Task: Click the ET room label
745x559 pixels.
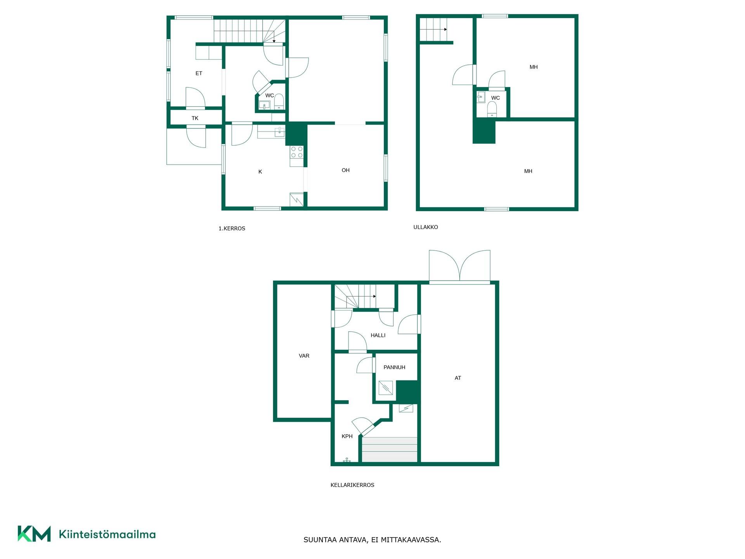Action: coord(199,73)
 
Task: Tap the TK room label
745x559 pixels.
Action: coord(195,118)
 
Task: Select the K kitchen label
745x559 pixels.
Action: coord(260,172)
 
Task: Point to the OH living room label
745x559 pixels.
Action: coord(346,170)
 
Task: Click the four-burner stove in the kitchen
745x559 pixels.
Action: coord(297,152)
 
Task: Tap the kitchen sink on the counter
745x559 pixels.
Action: coord(279,132)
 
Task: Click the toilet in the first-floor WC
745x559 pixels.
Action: coord(279,102)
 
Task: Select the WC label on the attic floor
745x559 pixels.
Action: coord(496,98)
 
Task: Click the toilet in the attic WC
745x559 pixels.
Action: coord(492,109)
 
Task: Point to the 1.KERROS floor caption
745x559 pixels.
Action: coord(232,229)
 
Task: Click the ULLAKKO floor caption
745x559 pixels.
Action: coord(426,227)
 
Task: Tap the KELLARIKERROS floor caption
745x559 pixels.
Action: coord(352,485)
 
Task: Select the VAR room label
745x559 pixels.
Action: coord(304,356)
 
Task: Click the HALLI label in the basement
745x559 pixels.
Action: coord(378,335)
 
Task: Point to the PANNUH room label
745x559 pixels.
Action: coord(394,367)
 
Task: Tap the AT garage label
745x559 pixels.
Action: coord(458,378)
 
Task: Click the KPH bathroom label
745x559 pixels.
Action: coord(347,436)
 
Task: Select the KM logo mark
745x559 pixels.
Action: coord(34,534)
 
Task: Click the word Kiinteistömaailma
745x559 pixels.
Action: coord(107,534)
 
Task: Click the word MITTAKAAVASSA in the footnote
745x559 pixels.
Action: coord(411,540)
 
